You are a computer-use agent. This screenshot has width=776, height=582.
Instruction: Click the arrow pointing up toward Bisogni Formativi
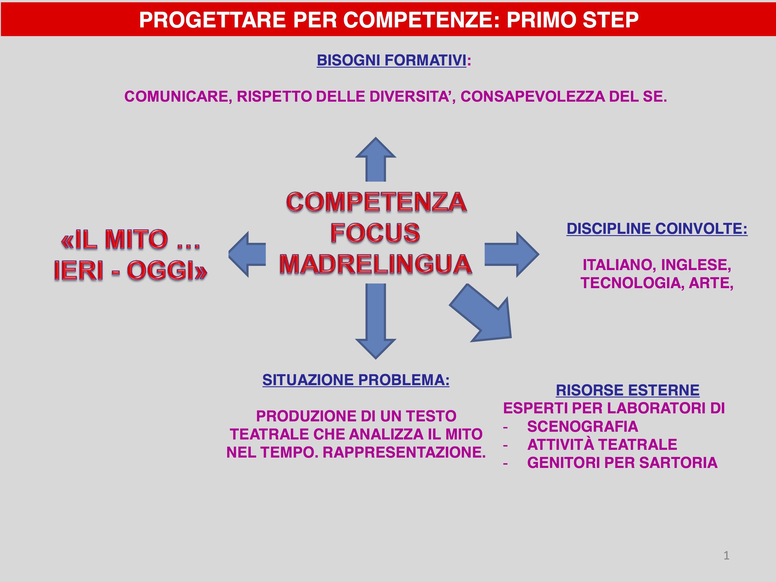[376, 160]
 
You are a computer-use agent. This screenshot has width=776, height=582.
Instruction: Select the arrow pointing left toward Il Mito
[247, 254]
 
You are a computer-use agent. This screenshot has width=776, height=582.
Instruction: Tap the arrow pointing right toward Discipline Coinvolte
[512, 254]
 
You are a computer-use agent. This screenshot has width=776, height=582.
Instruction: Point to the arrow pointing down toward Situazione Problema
[376, 321]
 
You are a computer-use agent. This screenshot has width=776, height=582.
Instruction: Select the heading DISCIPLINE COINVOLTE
[657, 229]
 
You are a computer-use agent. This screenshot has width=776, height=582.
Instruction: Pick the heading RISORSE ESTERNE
[628, 390]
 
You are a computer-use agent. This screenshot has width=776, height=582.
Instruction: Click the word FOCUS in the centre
[375, 233]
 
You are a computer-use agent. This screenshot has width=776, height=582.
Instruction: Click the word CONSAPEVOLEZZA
[533, 96]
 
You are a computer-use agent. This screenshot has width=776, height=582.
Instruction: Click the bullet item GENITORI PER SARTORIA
[622, 463]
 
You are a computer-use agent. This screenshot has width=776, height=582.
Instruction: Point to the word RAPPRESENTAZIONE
[404, 453]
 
